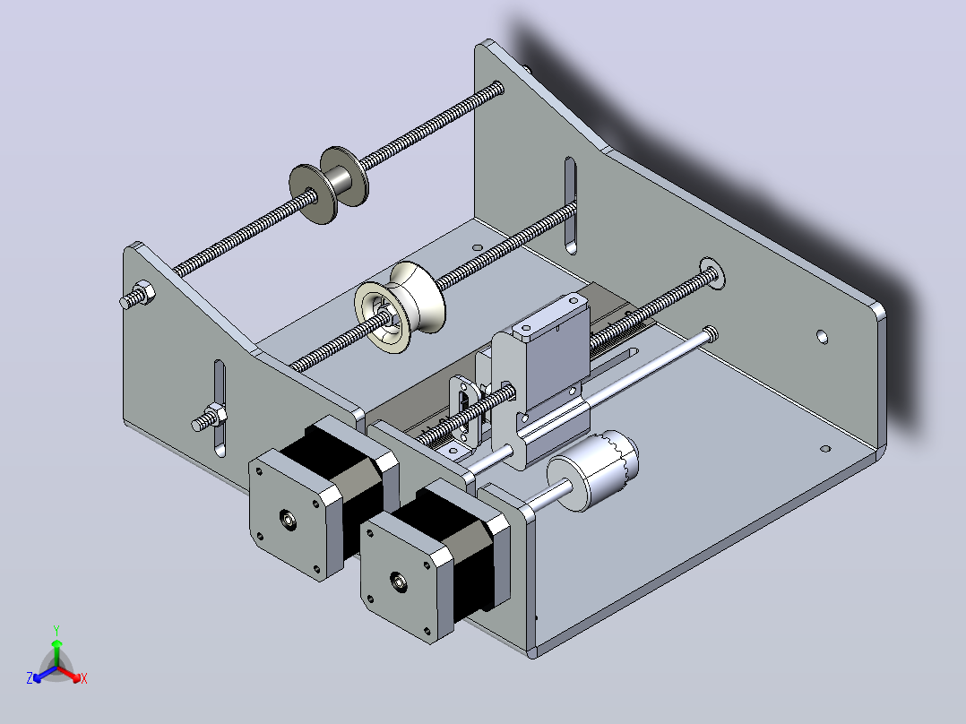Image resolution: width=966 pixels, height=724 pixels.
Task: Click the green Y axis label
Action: click(56, 630)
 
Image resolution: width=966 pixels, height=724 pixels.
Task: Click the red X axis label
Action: click(84, 678)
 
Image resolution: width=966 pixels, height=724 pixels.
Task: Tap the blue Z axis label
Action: click(30, 677)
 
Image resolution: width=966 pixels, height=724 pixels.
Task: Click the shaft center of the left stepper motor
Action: click(289, 520)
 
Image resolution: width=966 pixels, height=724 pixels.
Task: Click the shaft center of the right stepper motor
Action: click(399, 580)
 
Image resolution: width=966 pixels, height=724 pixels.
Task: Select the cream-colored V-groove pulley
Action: click(400, 306)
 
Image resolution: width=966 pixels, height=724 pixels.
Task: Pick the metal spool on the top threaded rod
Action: click(329, 185)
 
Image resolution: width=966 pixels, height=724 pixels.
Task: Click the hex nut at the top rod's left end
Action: click(143, 294)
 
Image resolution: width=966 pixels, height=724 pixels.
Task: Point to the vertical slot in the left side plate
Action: click(220, 409)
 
